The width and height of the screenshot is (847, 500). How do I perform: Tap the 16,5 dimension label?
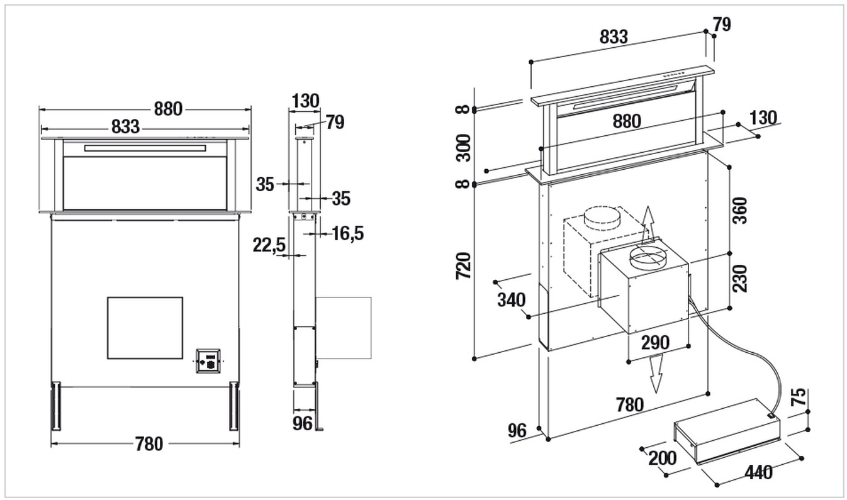tap(348, 233)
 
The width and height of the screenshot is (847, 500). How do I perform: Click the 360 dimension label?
tap(740, 211)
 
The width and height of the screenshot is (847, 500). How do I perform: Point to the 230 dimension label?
tap(740, 278)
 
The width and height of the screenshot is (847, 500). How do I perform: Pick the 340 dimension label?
tap(511, 300)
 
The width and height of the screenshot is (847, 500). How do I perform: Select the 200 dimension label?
tap(662, 458)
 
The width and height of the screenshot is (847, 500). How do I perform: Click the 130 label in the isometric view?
tap(763, 117)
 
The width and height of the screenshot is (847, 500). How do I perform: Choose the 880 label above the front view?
tap(168, 108)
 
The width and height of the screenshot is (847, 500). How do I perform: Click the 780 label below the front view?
tap(149, 444)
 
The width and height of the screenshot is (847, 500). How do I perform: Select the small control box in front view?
tap(208, 361)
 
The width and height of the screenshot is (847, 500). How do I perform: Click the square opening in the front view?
tap(145, 328)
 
